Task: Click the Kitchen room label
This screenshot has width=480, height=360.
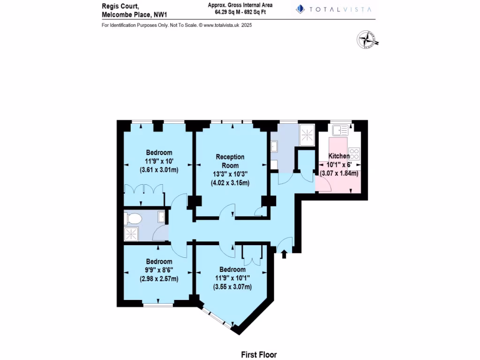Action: (338, 156)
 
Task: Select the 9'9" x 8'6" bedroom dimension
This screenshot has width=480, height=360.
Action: (158, 270)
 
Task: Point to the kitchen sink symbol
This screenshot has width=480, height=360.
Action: (340, 129)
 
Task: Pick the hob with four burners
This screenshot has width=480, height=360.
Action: (354, 153)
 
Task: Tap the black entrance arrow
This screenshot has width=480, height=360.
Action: (284, 255)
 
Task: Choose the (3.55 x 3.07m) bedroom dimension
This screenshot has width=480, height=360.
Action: (232, 286)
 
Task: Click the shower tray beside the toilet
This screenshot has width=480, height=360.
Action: (131, 234)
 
